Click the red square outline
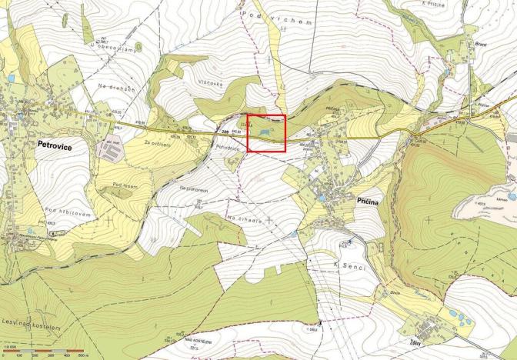pos(266,134)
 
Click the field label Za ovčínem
pos(155,143)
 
